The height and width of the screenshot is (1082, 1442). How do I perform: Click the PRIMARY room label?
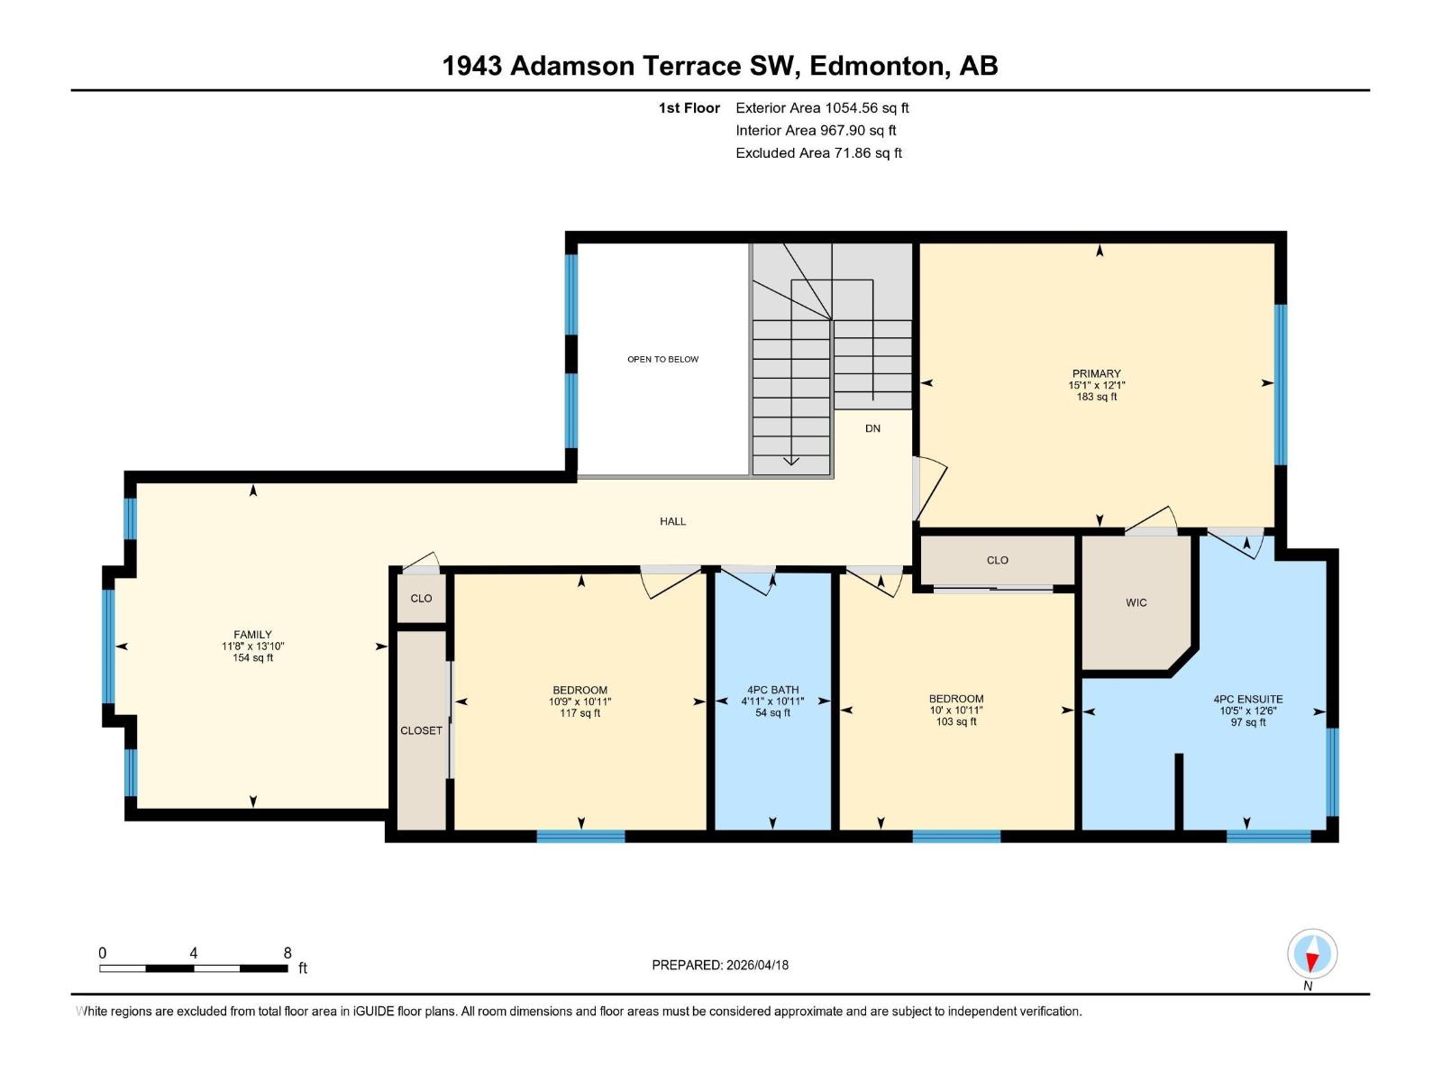1096,373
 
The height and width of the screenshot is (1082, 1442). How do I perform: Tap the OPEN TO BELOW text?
662,359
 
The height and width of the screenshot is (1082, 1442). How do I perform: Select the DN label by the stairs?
872,428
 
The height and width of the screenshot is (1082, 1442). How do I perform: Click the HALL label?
672,521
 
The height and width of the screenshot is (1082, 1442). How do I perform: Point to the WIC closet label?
1136,602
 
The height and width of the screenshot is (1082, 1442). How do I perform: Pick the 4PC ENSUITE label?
1247,699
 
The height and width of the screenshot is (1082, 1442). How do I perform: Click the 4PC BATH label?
772,690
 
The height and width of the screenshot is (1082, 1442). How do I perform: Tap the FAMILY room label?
252,635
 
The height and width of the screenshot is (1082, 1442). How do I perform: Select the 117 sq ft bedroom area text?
580,713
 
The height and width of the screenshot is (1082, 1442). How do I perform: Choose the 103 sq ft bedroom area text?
955,721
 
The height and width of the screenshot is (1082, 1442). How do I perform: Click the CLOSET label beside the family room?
421,730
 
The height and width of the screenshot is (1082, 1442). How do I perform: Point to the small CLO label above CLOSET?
421,598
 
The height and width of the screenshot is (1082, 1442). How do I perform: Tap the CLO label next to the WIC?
997,560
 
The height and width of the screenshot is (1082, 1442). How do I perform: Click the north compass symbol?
1312,954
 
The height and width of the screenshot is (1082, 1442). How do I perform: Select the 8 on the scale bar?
287,953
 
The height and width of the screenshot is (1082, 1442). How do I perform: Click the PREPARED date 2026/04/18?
755,965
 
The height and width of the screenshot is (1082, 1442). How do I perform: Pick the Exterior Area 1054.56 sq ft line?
822,107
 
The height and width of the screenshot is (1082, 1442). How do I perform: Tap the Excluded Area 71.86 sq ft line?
818,152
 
